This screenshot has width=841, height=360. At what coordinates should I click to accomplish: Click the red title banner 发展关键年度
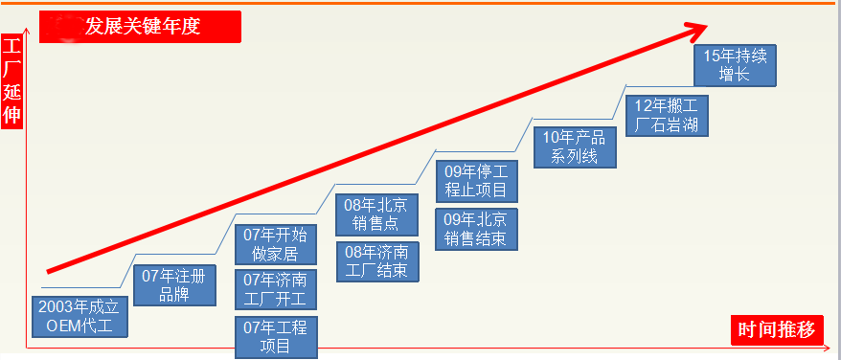pyautogui.click(x=140, y=27)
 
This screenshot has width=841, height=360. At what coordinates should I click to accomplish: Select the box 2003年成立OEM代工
pyautogui.click(x=80, y=317)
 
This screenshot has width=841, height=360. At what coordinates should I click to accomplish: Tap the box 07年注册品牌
pyautogui.click(x=174, y=285)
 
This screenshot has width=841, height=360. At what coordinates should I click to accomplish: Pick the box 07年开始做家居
pyautogui.click(x=276, y=244)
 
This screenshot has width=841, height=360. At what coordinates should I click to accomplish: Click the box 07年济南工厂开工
pyautogui.click(x=276, y=290)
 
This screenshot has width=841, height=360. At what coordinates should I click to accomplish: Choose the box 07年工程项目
pyautogui.click(x=276, y=337)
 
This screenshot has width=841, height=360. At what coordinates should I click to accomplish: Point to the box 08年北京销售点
pyautogui.click(x=376, y=214)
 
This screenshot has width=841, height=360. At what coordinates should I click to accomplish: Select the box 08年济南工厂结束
pyautogui.click(x=377, y=261)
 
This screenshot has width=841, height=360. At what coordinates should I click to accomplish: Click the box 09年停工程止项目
pyautogui.click(x=477, y=181)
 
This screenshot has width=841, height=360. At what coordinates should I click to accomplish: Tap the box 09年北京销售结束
pyautogui.click(x=477, y=229)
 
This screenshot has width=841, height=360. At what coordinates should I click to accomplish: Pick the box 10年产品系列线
pyautogui.click(x=575, y=147)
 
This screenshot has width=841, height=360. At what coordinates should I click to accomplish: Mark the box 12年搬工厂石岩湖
pyautogui.click(x=667, y=116)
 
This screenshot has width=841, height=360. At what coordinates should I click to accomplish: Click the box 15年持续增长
pyautogui.click(x=735, y=65)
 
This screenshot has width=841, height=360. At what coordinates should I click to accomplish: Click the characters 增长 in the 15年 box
pyautogui.click(x=735, y=75)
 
